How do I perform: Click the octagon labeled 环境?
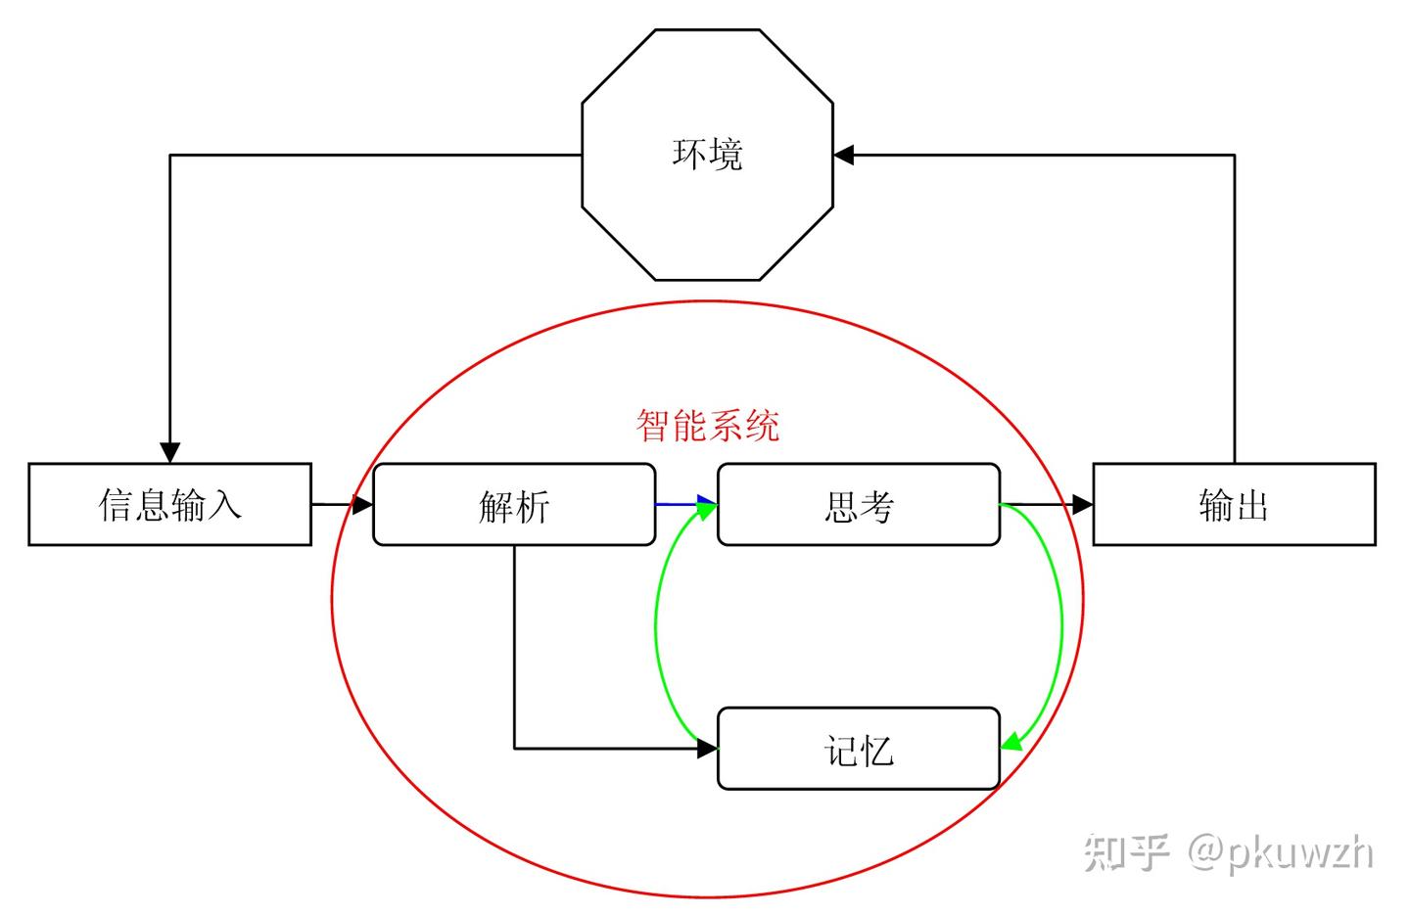point(707,155)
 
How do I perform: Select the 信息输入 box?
point(170,504)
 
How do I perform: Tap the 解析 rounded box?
point(514,504)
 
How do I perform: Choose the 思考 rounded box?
point(859,504)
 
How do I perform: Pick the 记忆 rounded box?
point(859,749)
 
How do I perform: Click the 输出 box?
point(1235,504)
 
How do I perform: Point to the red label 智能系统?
point(708,426)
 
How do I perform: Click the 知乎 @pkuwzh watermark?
point(1228,852)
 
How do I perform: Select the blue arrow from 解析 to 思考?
point(686,504)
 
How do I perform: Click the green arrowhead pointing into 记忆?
point(1010,742)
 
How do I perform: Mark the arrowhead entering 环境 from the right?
point(843,155)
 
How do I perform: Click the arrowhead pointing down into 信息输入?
point(170,452)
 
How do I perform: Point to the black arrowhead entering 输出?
point(1083,504)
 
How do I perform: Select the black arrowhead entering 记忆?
point(708,749)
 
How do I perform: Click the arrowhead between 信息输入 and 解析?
point(362,504)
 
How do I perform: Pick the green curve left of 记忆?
point(656,626)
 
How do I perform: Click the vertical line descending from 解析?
point(514,647)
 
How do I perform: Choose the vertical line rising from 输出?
point(1235,309)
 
